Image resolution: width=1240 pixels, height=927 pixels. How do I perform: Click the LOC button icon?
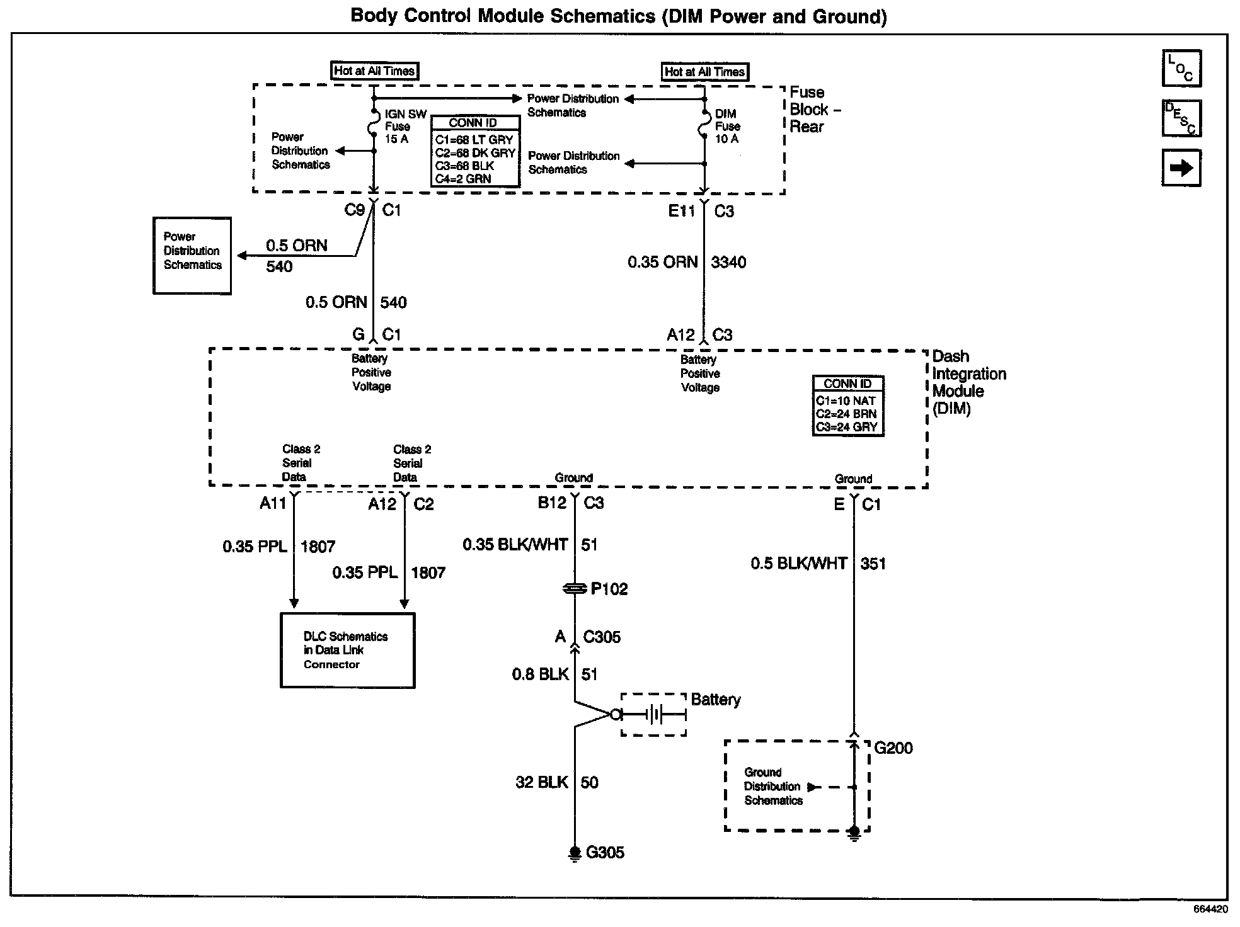click(x=1181, y=68)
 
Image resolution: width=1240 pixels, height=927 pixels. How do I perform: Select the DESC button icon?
click(x=1181, y=118)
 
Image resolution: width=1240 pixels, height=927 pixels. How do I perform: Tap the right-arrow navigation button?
click(x=1181, y=168)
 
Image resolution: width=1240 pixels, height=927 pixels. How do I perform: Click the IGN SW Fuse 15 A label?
click(x=405, y=127)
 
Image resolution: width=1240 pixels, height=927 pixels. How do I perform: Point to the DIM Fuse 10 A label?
click(x=727, y=127)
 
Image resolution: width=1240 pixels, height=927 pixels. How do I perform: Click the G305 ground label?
click(x=605, y=853)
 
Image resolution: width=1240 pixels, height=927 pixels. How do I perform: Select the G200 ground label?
click(x=893, y=748)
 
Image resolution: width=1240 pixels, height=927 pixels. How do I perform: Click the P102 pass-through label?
click(x=609, y=589)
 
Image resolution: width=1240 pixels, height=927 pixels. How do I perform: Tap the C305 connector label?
click(x=602, y=637)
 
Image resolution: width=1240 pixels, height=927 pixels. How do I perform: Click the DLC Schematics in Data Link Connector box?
click(x=347, y=651)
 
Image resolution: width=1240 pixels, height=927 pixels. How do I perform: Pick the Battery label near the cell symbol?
click(x=716, y=700)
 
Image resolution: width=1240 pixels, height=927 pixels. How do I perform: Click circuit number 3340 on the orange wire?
click(x=728, y=263)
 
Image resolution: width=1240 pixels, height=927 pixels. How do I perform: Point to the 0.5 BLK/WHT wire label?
click(x=798, y=564)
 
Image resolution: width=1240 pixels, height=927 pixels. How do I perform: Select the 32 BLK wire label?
click(x=541, y=783)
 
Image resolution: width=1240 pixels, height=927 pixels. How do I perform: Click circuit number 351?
click(x=873, y=564)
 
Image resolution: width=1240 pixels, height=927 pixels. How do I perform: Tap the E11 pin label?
click(x=681, y=212)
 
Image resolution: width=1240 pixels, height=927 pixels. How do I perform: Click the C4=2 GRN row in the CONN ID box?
click(x=463, y=179)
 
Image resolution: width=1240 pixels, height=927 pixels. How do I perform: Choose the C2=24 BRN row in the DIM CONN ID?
click(x=846, y=414)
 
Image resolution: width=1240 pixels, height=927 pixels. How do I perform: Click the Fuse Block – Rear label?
click(x=815, y=110)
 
